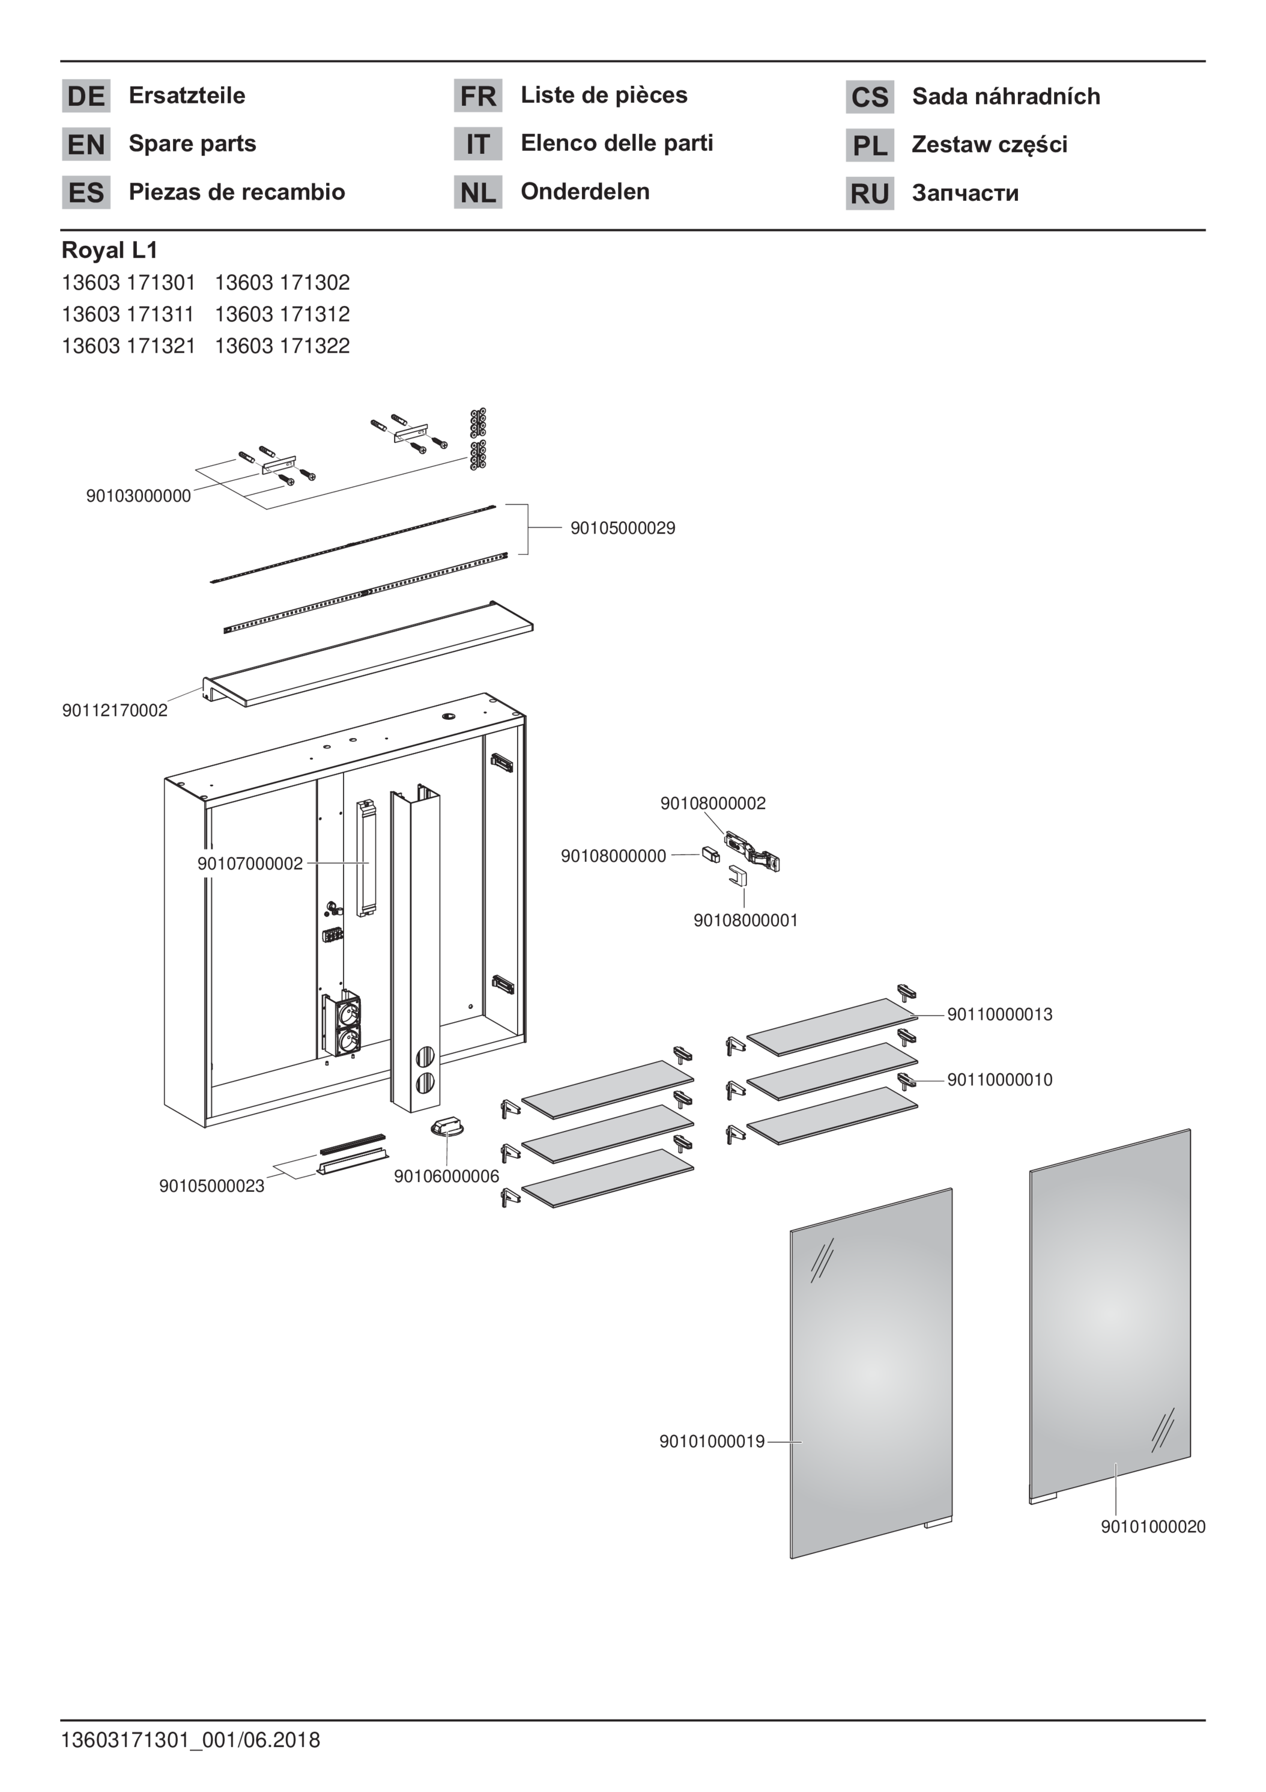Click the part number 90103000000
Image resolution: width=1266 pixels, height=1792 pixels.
click(138, 496)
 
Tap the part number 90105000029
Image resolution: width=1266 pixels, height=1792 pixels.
click(622, 528)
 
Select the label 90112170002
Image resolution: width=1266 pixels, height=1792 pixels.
click(115, 710)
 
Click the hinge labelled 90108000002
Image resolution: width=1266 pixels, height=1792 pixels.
click(752, 851)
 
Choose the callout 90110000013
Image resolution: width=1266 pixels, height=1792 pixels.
click(999, 1014)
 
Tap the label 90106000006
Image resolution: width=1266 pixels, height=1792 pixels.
click(446, 1176)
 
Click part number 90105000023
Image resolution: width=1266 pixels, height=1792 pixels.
click(211, 1186)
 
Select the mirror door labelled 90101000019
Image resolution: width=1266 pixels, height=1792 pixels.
click(871, 1374)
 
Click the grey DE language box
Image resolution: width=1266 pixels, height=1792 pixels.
click(86, 96)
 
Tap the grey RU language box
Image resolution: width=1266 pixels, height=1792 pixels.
click(870, 194)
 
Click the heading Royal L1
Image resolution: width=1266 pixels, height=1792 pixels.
click(110, 251)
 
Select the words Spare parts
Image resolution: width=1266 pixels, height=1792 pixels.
click(192, 144)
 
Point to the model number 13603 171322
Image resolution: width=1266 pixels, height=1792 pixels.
click(282, 346)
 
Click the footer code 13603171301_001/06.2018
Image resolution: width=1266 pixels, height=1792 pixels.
click(191, 1740)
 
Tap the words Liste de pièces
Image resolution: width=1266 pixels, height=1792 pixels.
click(604, 95)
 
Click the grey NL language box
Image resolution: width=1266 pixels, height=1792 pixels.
click(477, 192)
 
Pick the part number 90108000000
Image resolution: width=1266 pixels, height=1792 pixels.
click(614, 856)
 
